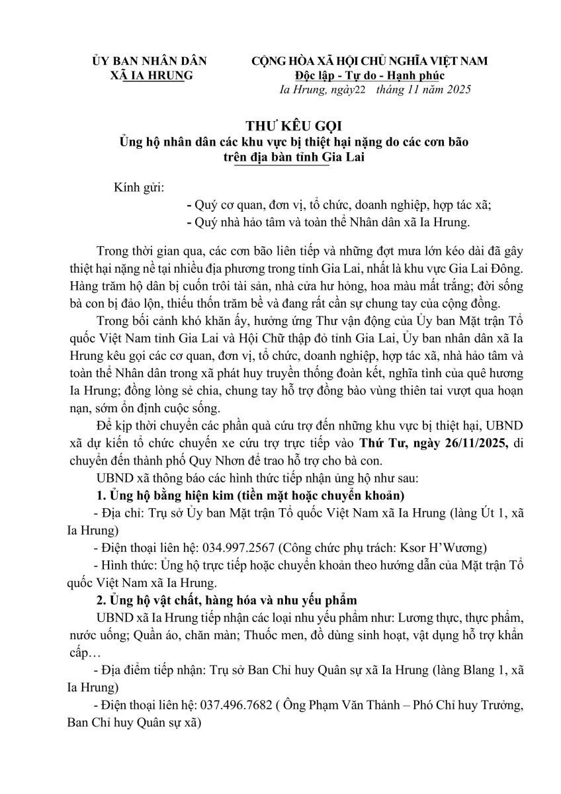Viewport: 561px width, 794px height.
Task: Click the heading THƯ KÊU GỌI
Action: (x=280, y=125)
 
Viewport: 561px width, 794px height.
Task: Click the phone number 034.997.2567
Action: (x=241, y=548)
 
